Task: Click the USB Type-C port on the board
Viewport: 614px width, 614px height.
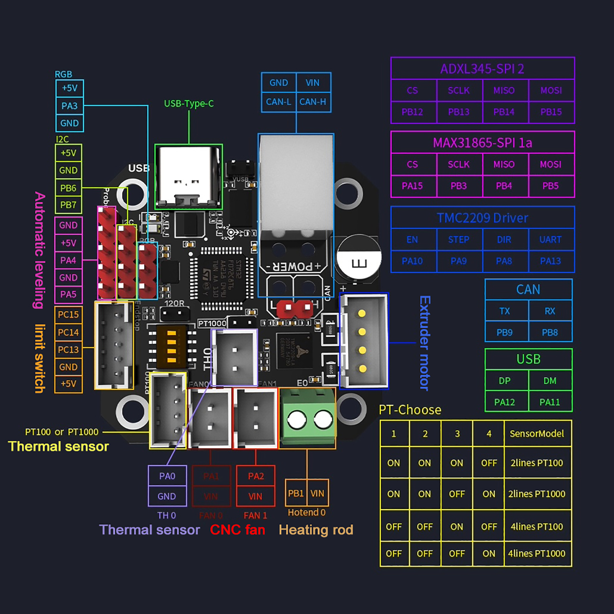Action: [x=188, y=177]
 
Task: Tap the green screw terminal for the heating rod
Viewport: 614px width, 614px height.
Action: [x=308, y=418]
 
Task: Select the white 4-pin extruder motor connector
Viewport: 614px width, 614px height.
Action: [x=364, y=341]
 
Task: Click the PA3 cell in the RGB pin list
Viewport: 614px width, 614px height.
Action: [x=69, y=106]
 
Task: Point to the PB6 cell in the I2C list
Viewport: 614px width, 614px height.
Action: [x=68, y=188]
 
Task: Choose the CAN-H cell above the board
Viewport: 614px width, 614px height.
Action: [x=313, y=102]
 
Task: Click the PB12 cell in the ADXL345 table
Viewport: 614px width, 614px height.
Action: [x=412, y=112]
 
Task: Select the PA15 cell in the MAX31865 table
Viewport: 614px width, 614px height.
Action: [x=412, y=186]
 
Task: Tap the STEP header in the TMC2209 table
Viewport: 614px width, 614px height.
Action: [x=459, y=240]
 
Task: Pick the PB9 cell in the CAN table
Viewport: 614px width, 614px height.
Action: [x=505, y=332]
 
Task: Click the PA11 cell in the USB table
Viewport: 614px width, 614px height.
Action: [x=550, y=402]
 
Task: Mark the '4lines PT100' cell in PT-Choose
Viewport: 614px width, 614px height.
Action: [x=536, y=527]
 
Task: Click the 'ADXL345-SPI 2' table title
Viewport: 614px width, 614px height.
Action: [x=482, y=69]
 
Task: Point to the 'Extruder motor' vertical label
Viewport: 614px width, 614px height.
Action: [x=424, y=343]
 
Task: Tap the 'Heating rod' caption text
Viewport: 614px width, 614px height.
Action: [x=316, y=530]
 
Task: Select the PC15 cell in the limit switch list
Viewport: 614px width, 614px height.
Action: [x=68, y=315]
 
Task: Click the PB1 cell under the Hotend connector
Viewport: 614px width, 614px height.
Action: [x=296, y=493]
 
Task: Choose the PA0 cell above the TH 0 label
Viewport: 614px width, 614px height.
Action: [x=167, y=476]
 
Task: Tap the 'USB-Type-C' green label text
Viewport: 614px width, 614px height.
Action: [x=189, y=104]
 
